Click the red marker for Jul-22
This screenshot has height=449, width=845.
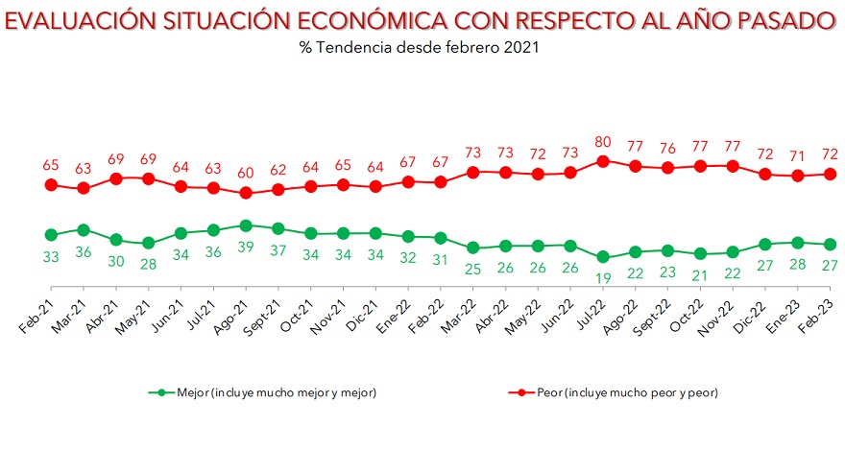(603, 161)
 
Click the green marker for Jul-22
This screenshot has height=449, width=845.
(603, 257)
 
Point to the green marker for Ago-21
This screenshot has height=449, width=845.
(245, 225)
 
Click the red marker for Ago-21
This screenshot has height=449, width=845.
(245, 193)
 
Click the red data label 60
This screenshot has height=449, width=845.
(245, 172)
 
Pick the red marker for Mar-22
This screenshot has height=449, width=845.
(472, 172)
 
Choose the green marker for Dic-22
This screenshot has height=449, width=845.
(765, 245)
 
